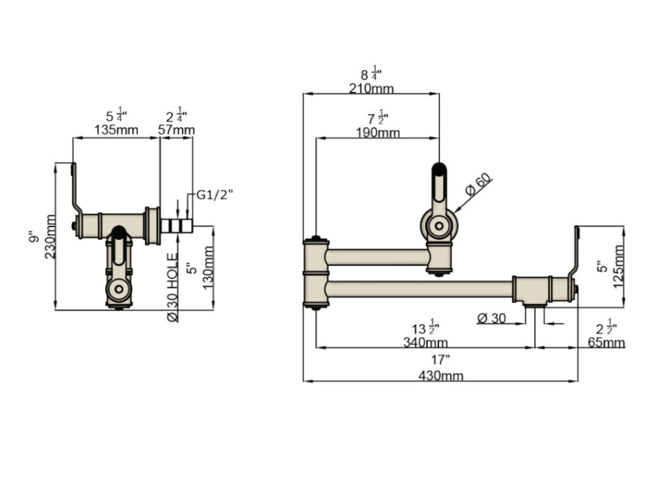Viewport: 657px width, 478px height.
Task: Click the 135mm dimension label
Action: click(x=116, y=130)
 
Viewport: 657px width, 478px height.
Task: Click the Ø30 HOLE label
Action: click(x=173, y=287)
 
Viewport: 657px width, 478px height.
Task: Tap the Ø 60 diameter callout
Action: click(x=477, y=184)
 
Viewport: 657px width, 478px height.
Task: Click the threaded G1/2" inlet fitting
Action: click(x=177, y=226)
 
